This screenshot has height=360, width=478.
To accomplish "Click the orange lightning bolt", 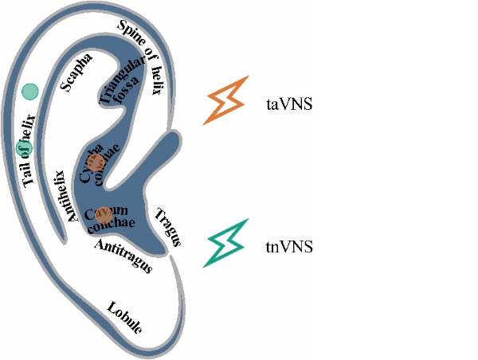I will (229, 100).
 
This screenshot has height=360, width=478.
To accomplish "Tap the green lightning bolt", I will (229, 242).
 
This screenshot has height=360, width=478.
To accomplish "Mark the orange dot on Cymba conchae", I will (96, 162).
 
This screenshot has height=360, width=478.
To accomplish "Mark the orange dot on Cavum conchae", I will (102, 213).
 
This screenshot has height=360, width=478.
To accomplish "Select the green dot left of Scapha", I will (30, 92).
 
